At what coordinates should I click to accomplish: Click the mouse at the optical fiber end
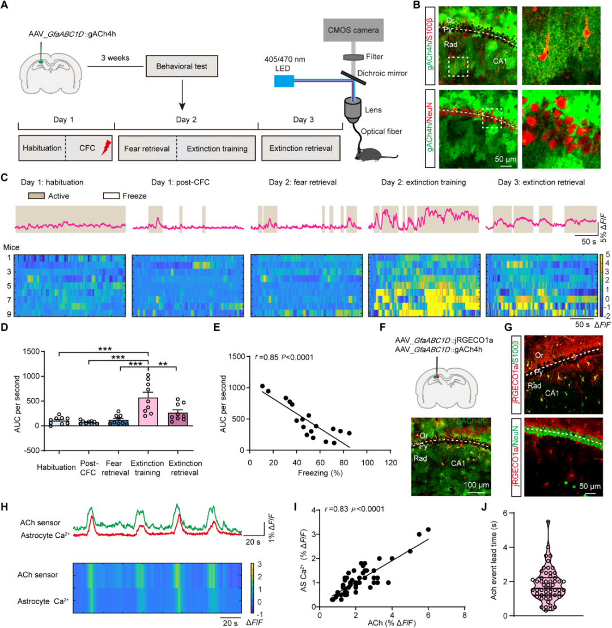(369, 152)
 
